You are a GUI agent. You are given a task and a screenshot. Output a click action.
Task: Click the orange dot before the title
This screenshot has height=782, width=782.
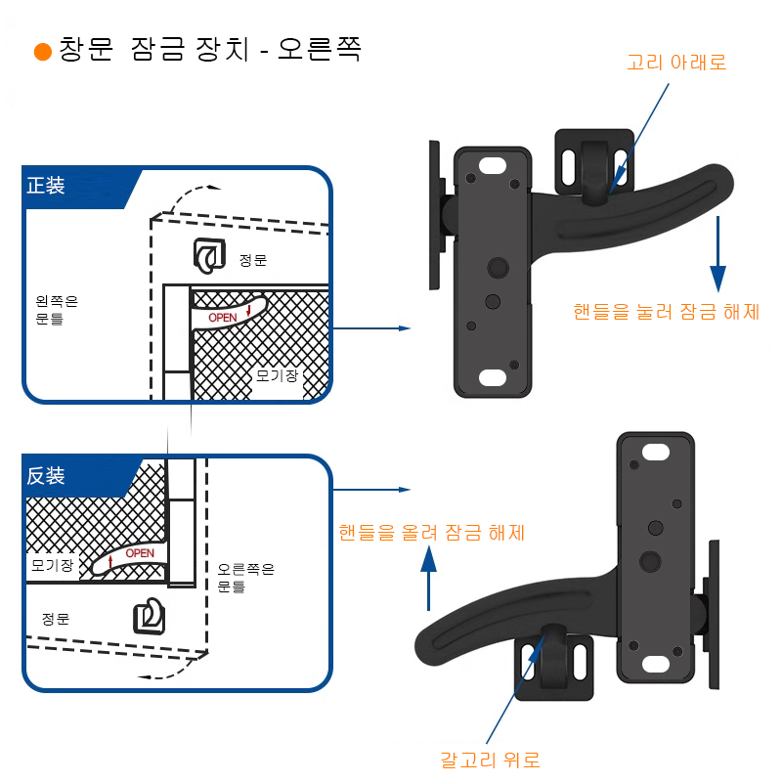tap(42, 52)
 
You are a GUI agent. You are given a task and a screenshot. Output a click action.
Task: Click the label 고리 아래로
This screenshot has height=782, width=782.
tap(676, 63)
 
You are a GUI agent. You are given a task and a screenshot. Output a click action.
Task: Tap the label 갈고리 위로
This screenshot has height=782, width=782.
tap(490, 760)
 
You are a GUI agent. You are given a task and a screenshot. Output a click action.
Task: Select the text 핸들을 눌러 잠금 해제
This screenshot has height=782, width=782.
tap(666, 313)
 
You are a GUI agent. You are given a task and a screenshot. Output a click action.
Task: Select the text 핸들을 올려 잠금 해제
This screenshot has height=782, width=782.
tap(431, 533)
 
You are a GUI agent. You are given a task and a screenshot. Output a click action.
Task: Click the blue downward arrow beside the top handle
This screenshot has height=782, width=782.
tap(718, 254)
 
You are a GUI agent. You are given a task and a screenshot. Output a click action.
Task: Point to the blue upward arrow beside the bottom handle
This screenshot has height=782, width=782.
tap(428, 577)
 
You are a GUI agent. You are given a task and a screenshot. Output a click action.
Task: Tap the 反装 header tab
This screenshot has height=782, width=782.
tap(47, 477)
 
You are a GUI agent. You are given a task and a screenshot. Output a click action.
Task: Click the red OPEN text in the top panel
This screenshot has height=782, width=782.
tap(223, 318)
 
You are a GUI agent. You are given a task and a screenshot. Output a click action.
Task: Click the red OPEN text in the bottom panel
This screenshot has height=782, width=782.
tap(140, 553)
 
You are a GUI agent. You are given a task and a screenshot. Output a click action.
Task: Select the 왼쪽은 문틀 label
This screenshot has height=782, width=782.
tap(56, 310)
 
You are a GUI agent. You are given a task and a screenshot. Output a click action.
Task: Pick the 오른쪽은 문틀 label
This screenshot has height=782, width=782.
tap(245, 578)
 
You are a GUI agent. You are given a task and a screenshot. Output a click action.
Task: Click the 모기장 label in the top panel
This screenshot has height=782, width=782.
tap(277, 374)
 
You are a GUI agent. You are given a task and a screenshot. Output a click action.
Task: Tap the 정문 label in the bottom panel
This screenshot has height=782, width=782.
tap(56, 619)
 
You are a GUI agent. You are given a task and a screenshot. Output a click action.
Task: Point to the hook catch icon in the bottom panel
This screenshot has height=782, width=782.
tap(149, 616)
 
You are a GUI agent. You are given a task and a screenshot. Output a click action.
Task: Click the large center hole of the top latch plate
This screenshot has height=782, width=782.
tap(497, 268)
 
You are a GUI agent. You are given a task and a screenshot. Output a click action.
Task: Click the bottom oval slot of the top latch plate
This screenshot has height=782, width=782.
tap(495, 377)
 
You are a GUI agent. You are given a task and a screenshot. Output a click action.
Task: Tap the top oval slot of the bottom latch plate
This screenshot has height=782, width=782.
tap(655, 452)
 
